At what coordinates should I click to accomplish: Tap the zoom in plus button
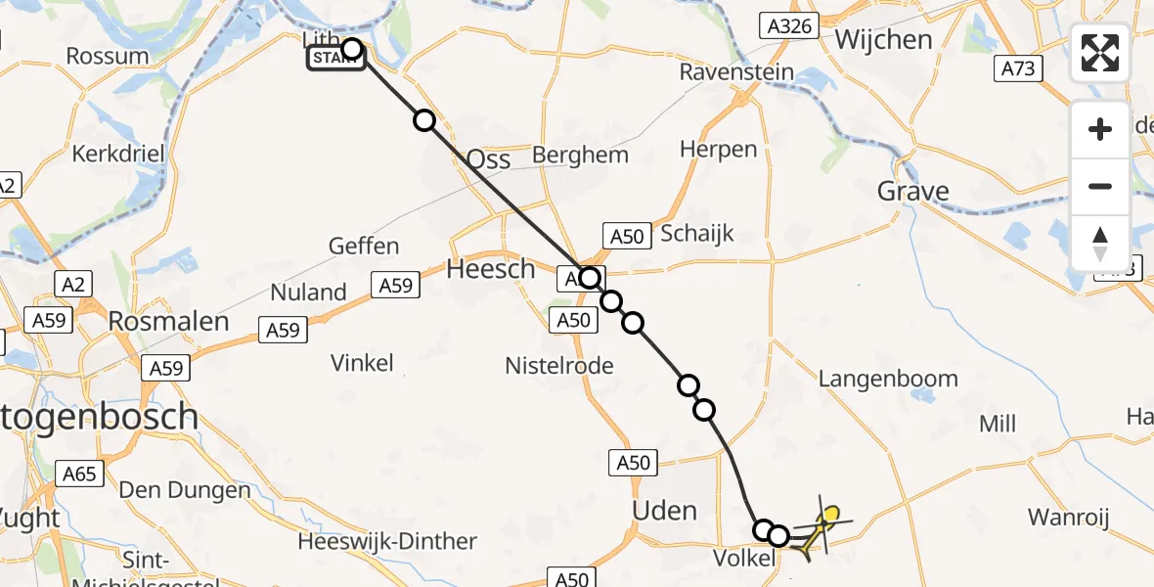(x=1100, y=129)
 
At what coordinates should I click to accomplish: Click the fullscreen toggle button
(x=1100, y=53)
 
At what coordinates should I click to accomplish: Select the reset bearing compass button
(x=1100, y=243)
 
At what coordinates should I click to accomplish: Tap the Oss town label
(x=489, y=158)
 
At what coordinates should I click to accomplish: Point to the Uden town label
(x=665, y=511)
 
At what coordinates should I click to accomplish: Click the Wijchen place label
(x=884, y=40)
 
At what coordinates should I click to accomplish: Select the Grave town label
(x=913, y=191)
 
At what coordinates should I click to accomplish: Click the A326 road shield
(x=790, y=26)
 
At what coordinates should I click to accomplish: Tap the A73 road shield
(x=1018, y=68)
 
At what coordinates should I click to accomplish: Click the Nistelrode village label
(x=559, y=366)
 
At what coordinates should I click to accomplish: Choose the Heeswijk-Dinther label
(x=387, y=541)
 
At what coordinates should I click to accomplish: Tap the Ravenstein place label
(x=736, y=72)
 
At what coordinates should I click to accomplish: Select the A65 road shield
(x=79, y=474)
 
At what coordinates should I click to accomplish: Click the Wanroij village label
(x=1068, y=517)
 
